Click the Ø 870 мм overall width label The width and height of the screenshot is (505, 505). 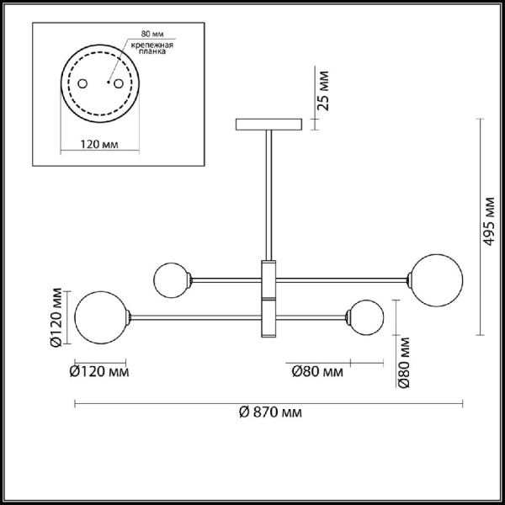pos(270,412)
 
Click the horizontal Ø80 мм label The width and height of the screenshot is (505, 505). pos(316,370)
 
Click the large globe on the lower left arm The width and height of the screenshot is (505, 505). pos(99,316)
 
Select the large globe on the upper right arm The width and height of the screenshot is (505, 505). pos(433,277)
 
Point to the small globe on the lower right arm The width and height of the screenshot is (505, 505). pos(367,316)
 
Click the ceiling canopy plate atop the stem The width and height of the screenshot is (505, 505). pos(270,125)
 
